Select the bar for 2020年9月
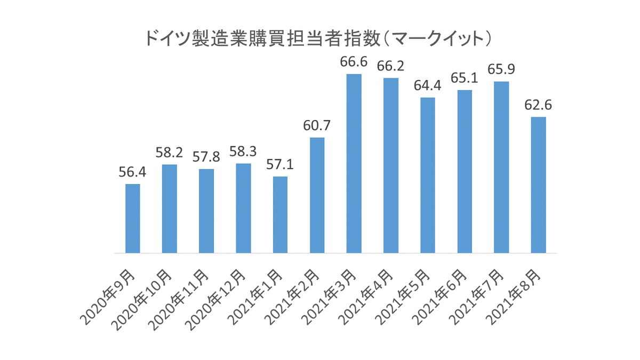coord(133,218)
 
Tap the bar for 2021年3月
coord(354,163)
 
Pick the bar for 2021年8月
coord(539,185)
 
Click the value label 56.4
coord(133,173)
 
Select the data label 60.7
coord(317,126)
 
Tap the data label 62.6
coord(539,106)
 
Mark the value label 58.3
coord(244,152)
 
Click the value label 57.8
coord(207,158)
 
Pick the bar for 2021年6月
coord(465,171)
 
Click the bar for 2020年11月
coord(207,211)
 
